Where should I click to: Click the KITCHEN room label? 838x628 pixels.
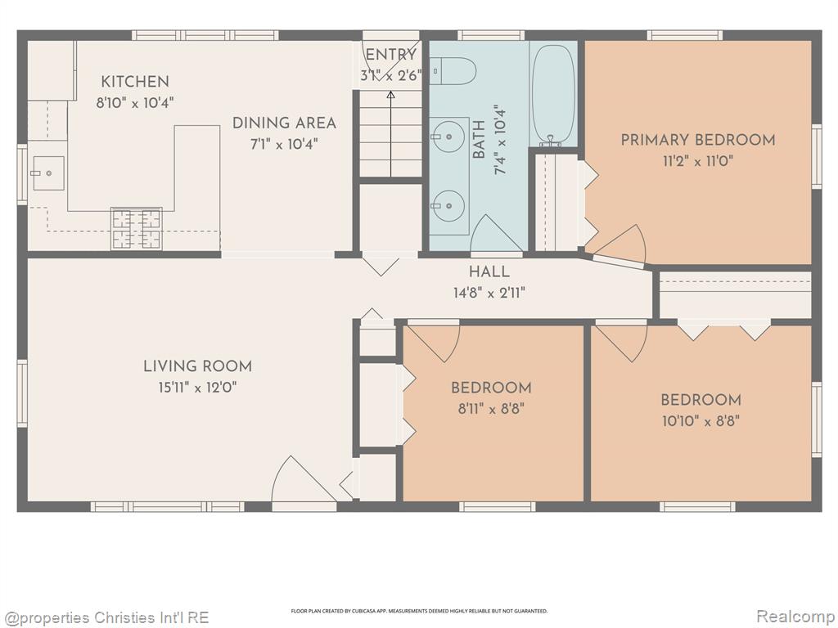[135, 82]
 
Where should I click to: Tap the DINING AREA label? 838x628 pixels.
[284, 123]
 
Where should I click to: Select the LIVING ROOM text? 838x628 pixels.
[198, 366]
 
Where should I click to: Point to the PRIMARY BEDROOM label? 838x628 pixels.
[698, 140]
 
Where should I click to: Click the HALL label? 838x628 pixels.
[489, 271]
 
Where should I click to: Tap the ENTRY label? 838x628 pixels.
[390, 55]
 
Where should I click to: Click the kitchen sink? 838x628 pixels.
[48, 173]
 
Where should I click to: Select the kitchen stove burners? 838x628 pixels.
[136, 229]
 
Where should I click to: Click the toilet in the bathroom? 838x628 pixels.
[453, 71]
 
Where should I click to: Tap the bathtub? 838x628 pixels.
[554, 95]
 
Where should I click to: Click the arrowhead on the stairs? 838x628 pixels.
[390, 95]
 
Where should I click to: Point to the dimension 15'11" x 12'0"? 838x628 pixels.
[198, 388]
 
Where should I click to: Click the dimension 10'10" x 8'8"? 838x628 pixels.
[701, 421]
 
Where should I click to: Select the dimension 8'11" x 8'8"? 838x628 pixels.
[491, 409]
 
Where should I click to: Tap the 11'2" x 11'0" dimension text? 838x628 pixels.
[698, 161]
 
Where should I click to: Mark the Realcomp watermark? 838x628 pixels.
[794, 617]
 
